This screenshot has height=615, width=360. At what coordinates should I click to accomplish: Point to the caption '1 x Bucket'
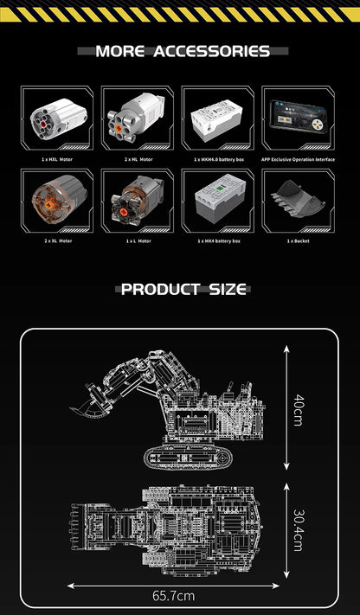299,240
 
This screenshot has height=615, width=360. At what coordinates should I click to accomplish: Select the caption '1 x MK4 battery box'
218,240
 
